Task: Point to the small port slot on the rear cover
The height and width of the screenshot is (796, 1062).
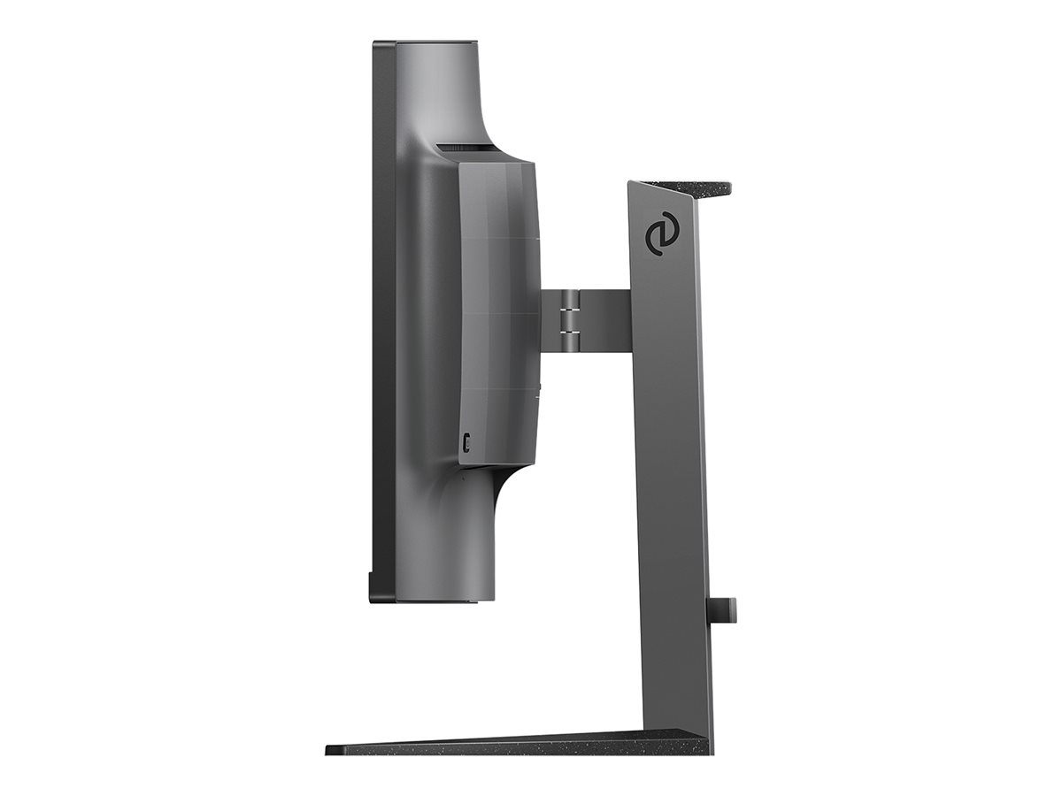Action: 466,440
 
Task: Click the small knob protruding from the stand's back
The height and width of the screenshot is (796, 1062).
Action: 724,608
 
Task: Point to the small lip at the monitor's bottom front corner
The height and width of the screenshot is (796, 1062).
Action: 373,586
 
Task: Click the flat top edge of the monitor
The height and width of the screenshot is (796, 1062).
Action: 425,42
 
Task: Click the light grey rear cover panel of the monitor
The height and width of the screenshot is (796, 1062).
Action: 497,310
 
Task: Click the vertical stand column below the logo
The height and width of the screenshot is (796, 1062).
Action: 673,486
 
